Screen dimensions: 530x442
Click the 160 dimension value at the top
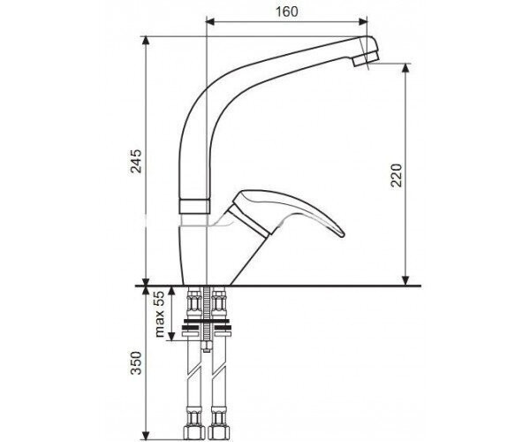(x=287, y=11)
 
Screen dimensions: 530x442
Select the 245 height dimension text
(x=136, y=161)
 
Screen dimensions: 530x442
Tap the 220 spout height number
(x=396, y=175)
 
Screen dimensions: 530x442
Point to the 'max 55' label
(x=159, y=314)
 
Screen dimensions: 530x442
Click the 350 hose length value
(x=136, y=363)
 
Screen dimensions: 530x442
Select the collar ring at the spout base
(x=194, y=206)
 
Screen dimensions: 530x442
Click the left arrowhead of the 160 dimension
(x=210, y=22)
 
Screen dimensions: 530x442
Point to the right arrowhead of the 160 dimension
(x=363, y=22)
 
